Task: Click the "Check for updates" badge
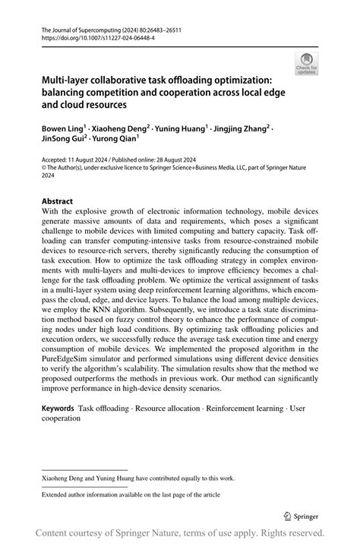pyautogui.click(x=308, y=64)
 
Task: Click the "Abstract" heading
pyautogui.click(x=57, y=202)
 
